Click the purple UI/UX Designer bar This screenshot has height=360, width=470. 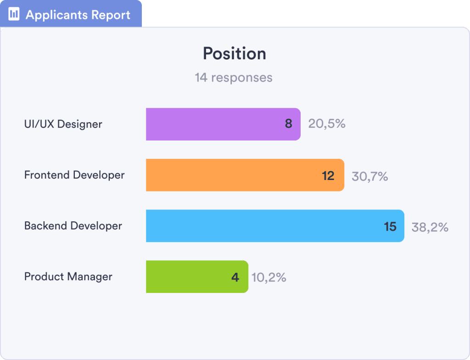[216, 124]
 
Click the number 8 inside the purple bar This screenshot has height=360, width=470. [288, 124]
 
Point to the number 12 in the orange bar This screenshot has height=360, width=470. [328, 175]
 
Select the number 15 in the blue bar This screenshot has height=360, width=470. [390, 226]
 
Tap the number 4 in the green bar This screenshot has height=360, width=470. [235, 277]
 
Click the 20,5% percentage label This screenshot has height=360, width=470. [327, 124]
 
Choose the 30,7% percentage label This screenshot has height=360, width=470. [370, 176]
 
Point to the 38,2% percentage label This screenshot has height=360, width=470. [430, 227]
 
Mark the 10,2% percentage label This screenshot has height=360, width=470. [269, 277]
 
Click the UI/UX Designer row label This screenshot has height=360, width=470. [63, 124]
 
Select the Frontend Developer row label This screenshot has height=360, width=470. [74, 175]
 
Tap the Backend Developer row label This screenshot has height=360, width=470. [73, 226]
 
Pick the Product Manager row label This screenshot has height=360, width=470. [68, 276]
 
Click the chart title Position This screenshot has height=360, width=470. [235, 54]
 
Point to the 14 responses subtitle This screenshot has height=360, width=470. [234, 77]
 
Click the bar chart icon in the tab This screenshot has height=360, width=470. [14, 14]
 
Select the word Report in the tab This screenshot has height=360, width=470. [111, 15]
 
